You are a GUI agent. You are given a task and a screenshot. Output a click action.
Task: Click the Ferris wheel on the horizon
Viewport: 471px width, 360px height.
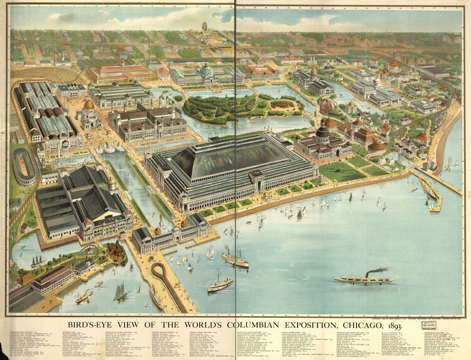(203, 27)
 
